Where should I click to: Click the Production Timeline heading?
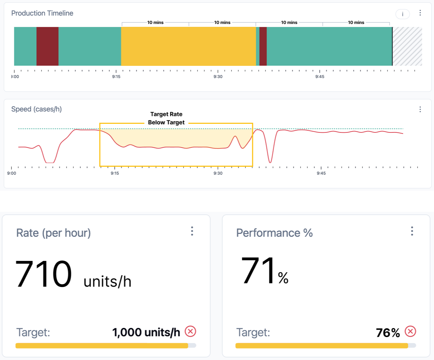click(x=42, y=13)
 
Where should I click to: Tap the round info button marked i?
click(x=403, y=14)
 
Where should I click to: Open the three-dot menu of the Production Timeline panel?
click(x=420, y=13)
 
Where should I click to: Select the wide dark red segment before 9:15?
click(x=47, y=46)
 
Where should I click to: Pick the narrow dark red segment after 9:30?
click(x=263, y=46)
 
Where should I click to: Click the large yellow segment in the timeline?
click(x=188, y=46)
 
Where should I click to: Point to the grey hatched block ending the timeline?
click(x=408, y=46)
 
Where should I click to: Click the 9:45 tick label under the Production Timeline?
click(x=320, y=77)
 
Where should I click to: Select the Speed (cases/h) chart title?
click(x=36, y=109)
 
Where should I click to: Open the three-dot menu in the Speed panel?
click(x=420, y=110)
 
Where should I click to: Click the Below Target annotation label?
click(x=166, y=122)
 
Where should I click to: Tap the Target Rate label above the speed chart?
click(x=166, y=114)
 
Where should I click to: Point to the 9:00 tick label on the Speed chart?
click(x=11, y=173)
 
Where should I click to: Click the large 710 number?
click(x=43, y=274)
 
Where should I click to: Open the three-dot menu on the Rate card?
click(x=192, y=231)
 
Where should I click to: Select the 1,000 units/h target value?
click(x=146, y=332)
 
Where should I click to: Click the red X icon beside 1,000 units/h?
click(x=190, y=332)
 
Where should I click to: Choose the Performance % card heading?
click(x=274, y=233)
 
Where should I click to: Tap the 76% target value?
click(x=388, y=333)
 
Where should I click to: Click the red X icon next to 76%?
click(x=410, y=332)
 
